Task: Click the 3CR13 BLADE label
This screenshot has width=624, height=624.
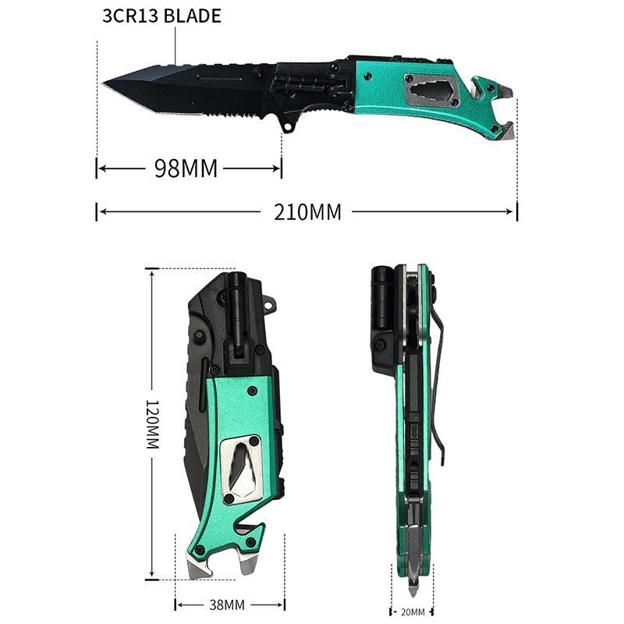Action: tap(161, 16)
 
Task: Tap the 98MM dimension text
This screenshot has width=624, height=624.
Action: tap(186, 168)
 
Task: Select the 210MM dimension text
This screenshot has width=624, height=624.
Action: tap(307, 212)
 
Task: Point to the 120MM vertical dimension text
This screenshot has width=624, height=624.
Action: tap(153, 424)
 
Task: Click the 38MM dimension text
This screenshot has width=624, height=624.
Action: tap(227, 605)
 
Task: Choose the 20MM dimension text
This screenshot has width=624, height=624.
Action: tap(413, 612)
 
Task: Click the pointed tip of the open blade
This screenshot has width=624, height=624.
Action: tap(104, 83)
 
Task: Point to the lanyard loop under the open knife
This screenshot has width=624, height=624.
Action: tap(288, 126)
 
